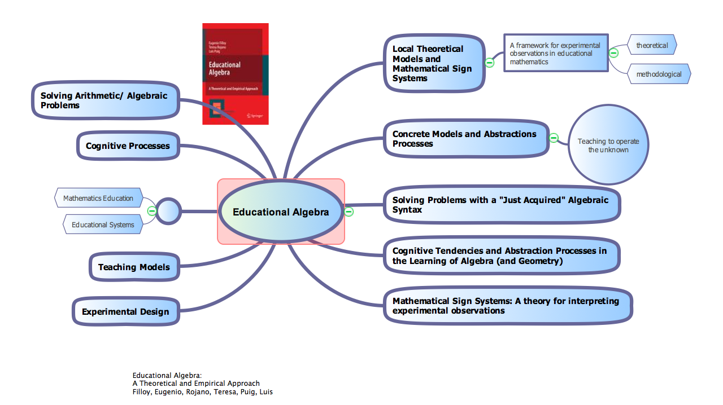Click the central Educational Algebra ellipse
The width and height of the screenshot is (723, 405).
[x=281, y=212]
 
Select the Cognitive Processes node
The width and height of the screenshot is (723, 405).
[x=128, y=146]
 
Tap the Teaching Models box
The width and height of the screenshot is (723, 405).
[x=134, y=267]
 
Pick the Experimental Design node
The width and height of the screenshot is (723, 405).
[x=125, y=311]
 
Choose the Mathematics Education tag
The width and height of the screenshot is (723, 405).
[x=98, y=198]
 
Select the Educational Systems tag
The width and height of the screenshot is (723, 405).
[x=103, y=224]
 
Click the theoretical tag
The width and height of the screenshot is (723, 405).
[x=652, y=45]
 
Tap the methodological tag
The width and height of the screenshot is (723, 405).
[x=659, y=74]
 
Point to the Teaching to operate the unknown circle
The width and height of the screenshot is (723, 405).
[x=608, y=145]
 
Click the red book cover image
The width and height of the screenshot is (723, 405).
[x=236, y=74]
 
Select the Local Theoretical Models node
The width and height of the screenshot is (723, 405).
[x=434, y=63]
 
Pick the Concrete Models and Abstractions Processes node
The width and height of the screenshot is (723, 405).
[x=465, y=139]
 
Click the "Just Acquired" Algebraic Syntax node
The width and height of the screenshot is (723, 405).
[x=502, y=205]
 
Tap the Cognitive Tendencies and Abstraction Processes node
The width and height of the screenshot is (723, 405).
[x=501, y=256]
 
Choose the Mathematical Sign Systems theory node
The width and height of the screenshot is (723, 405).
[x=507, y=306]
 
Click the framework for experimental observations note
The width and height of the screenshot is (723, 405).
[x=555, y=53]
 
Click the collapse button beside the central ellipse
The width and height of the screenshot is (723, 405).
[x=349, y=212]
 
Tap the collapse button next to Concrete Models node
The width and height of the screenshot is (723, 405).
[x=554, y=138]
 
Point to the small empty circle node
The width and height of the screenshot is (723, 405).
[x=168, y=212]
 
